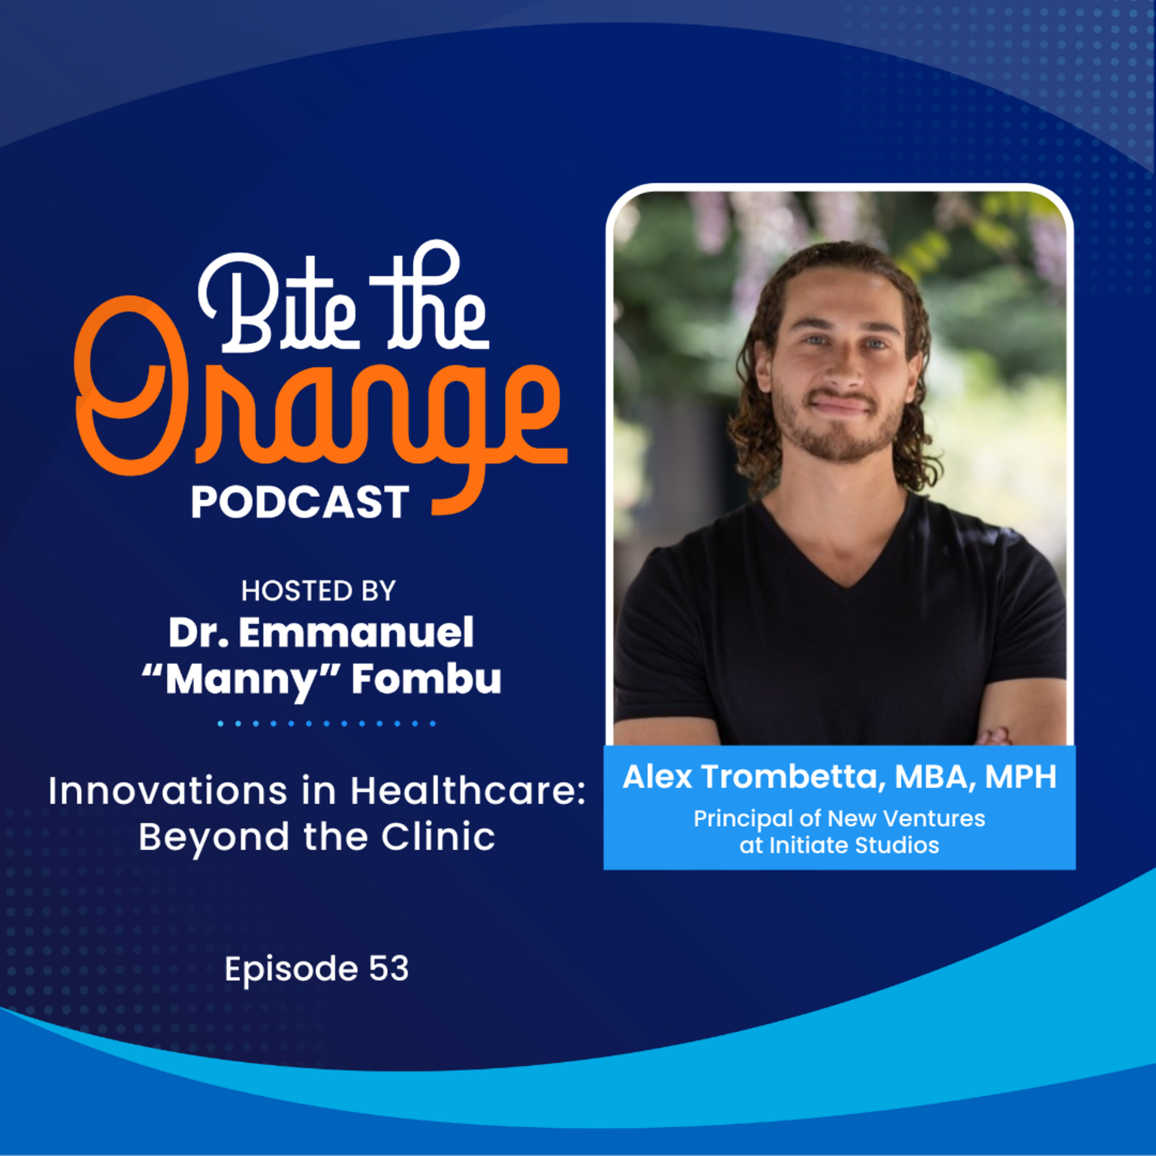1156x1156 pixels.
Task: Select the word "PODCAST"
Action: click(300, 502)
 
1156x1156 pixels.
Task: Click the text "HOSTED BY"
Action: click(318, 591)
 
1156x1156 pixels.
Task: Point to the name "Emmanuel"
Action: click(356, 633)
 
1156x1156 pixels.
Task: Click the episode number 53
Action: click(389, 968)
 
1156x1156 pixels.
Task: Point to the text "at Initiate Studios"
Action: click(839, 845)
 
